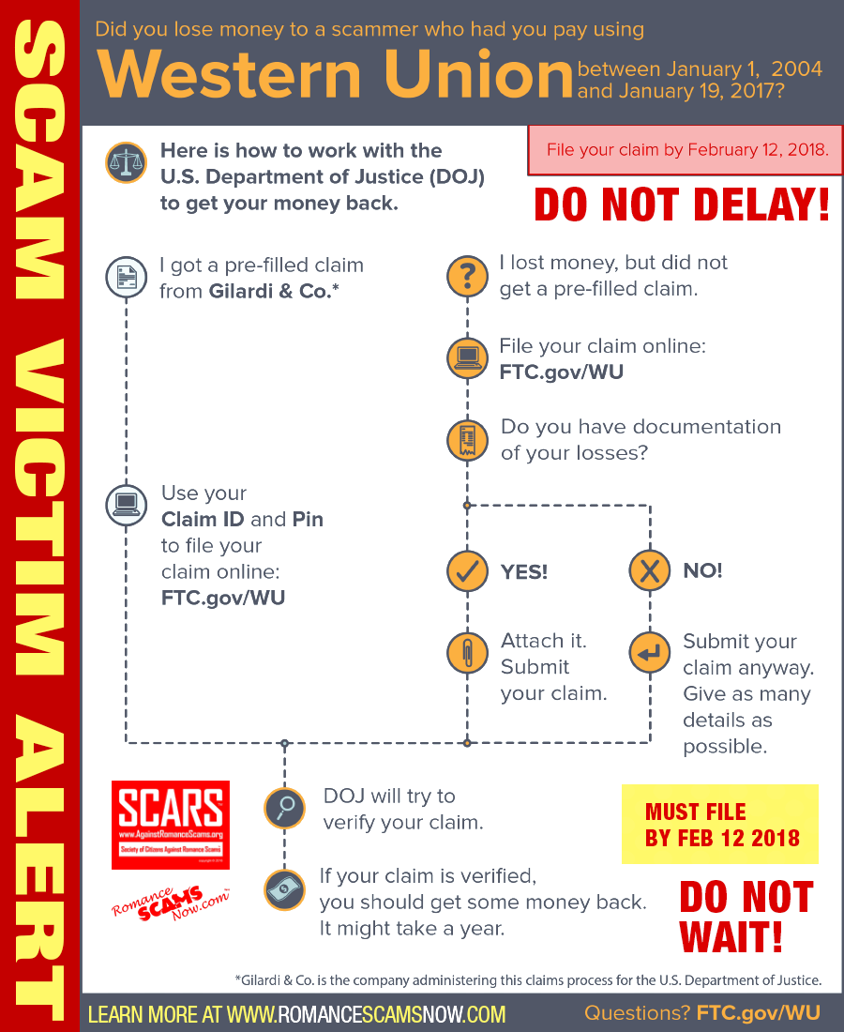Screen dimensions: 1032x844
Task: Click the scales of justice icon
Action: (126, 163)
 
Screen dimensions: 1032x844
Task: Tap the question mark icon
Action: (467, 277)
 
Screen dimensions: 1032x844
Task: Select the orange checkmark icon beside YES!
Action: (467, 570)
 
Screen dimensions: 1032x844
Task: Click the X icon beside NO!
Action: (649, 570)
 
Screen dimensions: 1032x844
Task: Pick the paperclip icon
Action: (467, 654)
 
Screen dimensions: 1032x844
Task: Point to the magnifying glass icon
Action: (284, 808)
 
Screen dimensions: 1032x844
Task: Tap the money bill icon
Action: (284, 888)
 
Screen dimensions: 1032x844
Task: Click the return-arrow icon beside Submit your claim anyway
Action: (649, 654)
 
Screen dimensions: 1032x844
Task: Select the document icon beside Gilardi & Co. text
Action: (126, 278)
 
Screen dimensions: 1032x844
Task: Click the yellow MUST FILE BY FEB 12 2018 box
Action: (720, 824)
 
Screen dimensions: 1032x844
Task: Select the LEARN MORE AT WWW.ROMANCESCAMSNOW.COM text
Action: (297, 1014)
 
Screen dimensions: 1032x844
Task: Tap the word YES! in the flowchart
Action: (524, 571)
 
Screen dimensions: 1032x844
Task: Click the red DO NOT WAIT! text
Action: (745, 916)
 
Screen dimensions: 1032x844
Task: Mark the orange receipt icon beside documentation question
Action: (467, 439)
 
